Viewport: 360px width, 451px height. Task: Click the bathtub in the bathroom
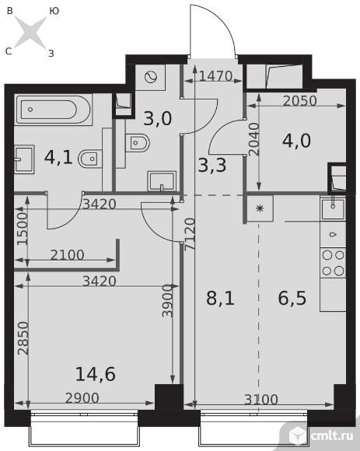(x=54, y=110)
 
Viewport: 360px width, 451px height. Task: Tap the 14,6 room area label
(x=95, y=374)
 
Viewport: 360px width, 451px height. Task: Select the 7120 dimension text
(x=190, y=235)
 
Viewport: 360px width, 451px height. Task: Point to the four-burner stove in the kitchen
(x=333, y=263)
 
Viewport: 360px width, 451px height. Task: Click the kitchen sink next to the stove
(x=333, y=209)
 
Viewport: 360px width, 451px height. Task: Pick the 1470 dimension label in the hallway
(x=215, y=76)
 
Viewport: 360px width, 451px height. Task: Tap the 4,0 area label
(x=296, y=141)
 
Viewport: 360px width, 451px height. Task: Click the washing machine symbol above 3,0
(x=151, y=78)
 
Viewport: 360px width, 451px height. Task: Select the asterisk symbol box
(x=260, y=208)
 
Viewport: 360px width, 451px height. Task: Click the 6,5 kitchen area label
(x=292, y=298)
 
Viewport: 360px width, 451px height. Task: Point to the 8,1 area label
(x=220, y=298)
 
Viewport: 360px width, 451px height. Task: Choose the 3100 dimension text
(x=261, y=400)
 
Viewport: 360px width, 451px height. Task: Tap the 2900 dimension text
(x=82, y=398)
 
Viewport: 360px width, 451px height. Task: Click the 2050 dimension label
(x=299, y=100)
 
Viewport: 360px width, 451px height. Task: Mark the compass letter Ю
(x=54, y=11)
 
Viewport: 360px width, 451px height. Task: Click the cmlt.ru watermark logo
(x=321, y=435)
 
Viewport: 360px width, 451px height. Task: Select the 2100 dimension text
(x=67, y=255)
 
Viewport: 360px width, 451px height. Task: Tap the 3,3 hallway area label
(x=212, y=166)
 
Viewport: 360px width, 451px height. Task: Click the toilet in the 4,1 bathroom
(x=89, y=159)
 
